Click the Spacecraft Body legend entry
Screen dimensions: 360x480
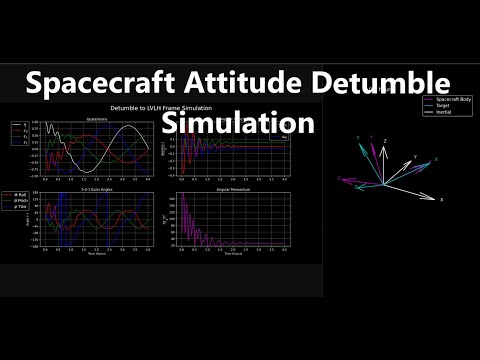[452, 99]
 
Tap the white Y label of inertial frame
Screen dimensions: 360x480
[414, 158]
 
